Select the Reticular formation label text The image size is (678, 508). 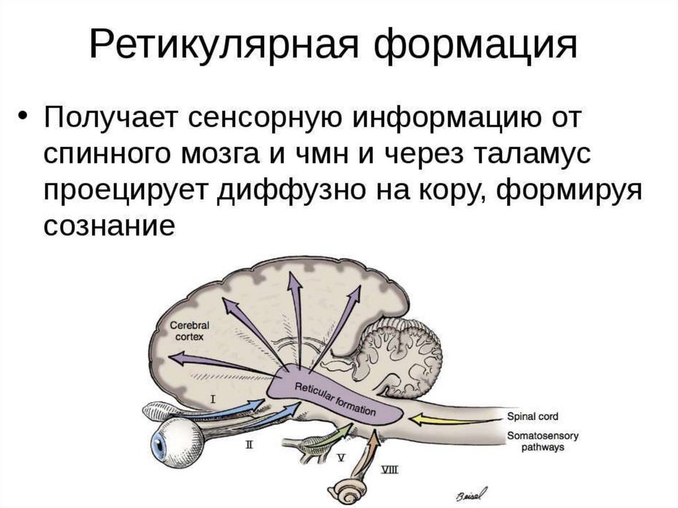tap(334, 399)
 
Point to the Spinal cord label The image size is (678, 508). tap(532, 417)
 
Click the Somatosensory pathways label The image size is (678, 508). tap(542, 442)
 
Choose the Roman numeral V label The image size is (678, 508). tap(342, 457)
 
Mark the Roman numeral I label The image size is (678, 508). tap(213, 399)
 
